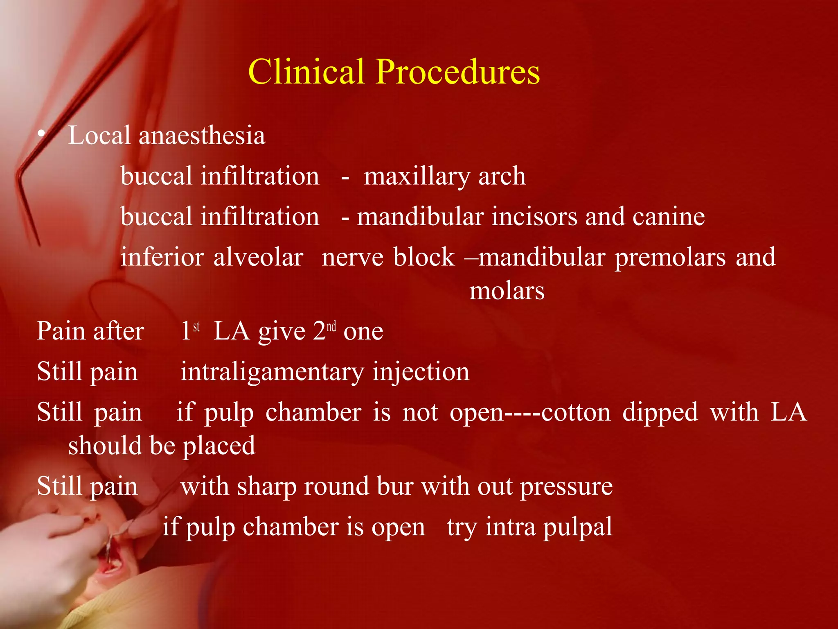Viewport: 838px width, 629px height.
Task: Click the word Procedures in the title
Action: pos(458,72)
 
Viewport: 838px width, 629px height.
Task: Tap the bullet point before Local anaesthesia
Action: pos(41,134)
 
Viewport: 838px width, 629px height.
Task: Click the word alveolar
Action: pos(258,258)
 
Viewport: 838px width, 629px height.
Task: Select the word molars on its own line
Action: pos(507,291)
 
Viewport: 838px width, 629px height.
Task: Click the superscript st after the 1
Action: pos(196,326)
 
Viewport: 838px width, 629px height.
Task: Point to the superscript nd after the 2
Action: pos(331,326)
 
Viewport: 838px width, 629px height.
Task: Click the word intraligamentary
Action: pos(272,372)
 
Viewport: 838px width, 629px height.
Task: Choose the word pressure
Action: pos(566,488)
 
